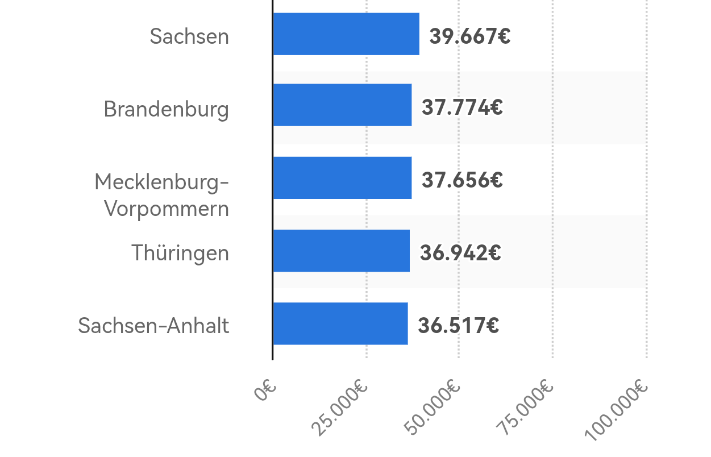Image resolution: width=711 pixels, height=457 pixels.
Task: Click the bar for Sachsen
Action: [346, 34]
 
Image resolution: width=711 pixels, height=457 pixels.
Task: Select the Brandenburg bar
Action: [342, 105]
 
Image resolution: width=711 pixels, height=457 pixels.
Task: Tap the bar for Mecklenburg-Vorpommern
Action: [342, 178]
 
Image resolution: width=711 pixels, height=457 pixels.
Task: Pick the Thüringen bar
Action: [341, 251]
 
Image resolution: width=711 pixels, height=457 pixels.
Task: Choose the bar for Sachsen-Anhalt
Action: [340, 323]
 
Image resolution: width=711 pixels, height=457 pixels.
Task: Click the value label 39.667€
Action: [469, 36]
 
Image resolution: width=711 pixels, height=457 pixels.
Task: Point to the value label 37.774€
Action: [462, 107]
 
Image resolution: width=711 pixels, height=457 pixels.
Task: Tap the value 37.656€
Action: [462, 180]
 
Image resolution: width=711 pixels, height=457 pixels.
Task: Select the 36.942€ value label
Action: [460, 253]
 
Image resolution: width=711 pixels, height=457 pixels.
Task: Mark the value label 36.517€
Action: [458, 326]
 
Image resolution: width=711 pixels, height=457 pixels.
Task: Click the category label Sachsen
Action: [189, 36]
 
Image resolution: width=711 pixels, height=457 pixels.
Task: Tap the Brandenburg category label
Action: [166, 109]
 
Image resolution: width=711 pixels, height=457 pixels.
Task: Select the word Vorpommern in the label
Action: [167, 209]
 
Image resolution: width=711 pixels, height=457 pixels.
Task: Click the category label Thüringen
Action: [180, 253]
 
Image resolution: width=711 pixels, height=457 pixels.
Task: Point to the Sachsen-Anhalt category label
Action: [153, 326]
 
